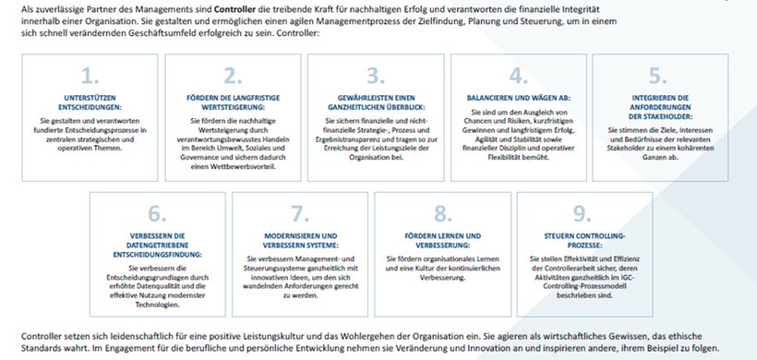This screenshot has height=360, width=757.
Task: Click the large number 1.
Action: pos(89,75)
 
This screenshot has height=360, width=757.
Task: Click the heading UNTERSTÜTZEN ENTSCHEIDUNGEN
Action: pos(89,101)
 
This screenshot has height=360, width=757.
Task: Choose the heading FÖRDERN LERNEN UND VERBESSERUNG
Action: pos(441,240)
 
